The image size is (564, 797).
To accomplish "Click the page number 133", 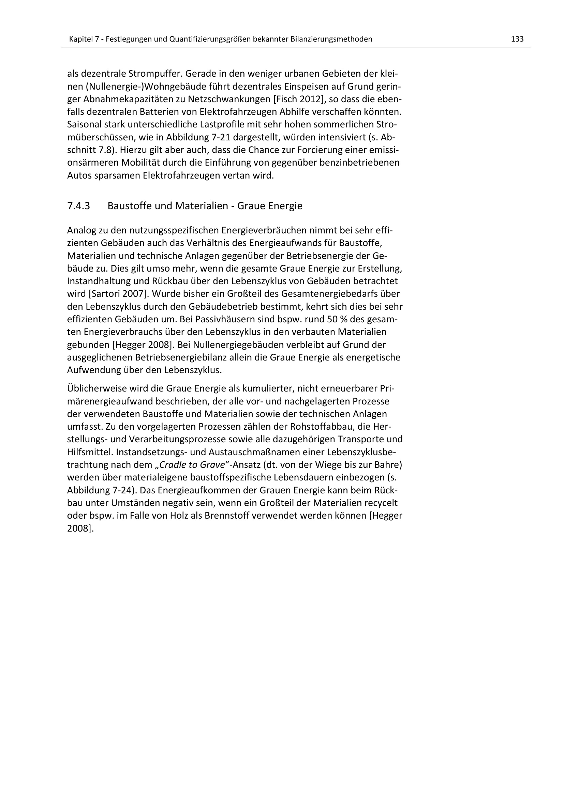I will point(517,39).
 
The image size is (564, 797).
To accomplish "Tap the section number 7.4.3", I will point(78,206).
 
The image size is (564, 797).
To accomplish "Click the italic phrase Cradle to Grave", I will point(192,465).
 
